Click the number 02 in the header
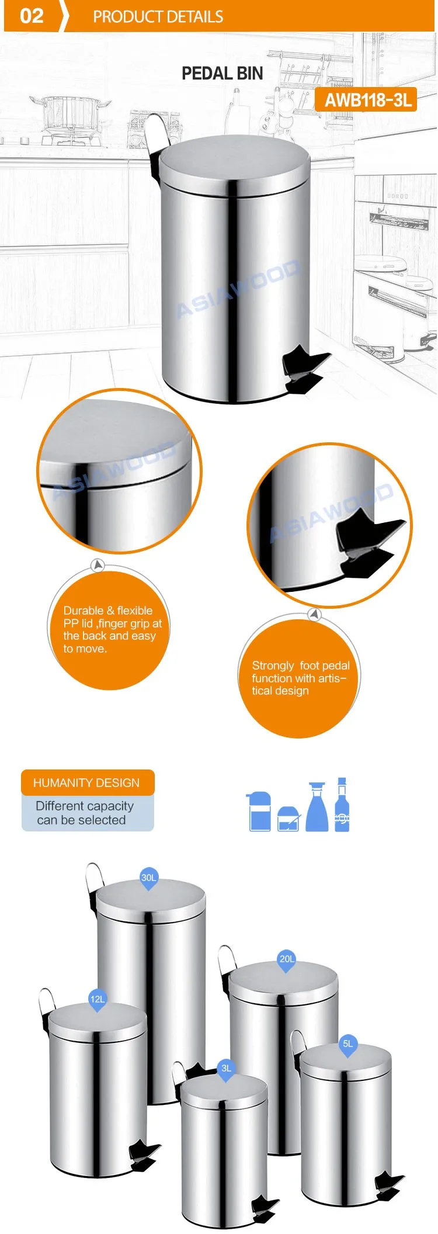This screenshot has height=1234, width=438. click(32, 16)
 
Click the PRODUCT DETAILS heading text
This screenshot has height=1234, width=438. click(158, 17)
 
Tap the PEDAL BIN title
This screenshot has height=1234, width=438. click(222, 74)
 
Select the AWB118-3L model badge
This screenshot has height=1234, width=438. click(368, 100)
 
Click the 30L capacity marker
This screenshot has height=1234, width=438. click(149, 878)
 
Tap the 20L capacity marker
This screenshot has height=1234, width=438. click(287, 959)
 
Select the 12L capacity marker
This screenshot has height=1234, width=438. click(98, 999)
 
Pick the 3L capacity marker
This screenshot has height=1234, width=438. click(226, 1068)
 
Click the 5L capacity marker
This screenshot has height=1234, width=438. click(348, 1044)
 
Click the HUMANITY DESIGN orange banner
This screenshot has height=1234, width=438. click(87, 782)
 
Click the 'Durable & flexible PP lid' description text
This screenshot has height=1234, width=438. click(111, 629)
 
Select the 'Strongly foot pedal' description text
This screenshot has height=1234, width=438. click(300, 678)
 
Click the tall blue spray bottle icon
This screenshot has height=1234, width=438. click(317, 807)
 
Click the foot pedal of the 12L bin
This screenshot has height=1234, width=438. click(144, 1155)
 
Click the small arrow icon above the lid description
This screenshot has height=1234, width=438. click(98, 565)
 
